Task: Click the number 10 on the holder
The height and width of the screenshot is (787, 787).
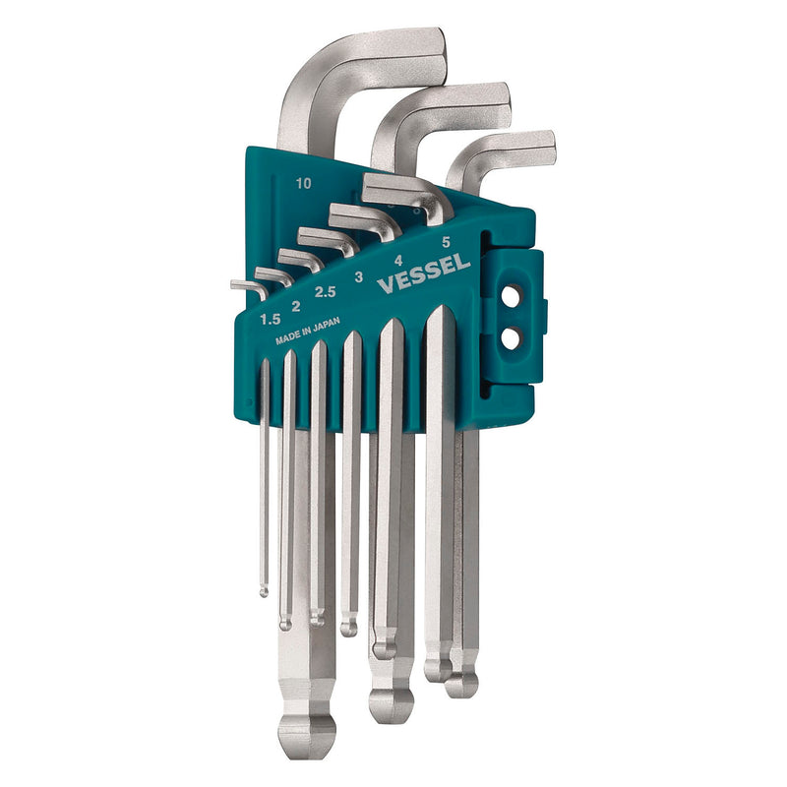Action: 302,183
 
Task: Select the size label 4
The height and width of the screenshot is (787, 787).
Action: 398,261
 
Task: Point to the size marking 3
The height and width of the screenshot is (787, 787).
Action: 359,276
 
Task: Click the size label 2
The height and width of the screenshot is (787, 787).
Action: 296,306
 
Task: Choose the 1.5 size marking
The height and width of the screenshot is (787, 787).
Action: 269,319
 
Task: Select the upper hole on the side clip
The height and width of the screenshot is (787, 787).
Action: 511,296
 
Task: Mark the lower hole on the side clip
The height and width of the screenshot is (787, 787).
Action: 511,337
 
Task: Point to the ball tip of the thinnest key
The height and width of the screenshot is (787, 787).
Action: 264,590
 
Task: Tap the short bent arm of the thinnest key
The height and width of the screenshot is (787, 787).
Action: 246,286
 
